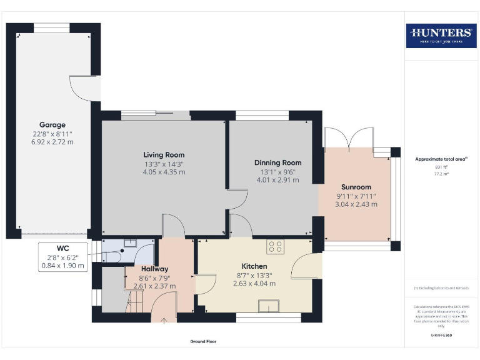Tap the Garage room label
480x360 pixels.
tap(52, 124)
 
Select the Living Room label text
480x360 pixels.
tap(164, 154)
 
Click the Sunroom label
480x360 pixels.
tap(356, 187)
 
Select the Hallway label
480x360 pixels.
tap(151, 269)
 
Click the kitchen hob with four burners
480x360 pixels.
tap(275, 246)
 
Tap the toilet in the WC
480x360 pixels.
tap(112, 256)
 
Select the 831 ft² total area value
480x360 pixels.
tap(441, 167)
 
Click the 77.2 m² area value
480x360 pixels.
tap(441, 174)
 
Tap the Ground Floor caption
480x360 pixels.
tap(204, 342)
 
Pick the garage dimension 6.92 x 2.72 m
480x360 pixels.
tap(52, 142)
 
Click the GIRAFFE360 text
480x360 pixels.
tap(441, 336)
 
